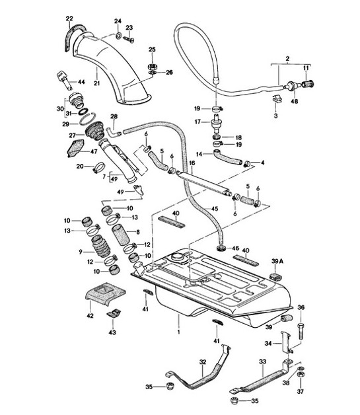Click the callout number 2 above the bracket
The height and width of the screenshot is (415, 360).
click(x=287, y=59)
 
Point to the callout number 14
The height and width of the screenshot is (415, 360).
click(x=198, y=153)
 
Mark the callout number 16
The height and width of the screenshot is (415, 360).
click(x=193, y=162)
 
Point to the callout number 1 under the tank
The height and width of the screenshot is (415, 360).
click(x=178, y=318)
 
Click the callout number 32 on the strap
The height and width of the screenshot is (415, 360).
click(x=203, y=361)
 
